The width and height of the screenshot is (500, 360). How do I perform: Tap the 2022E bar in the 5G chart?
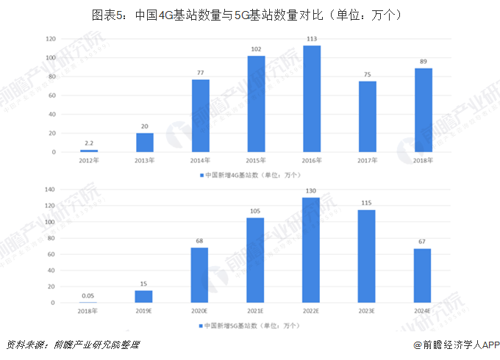click(311, 250)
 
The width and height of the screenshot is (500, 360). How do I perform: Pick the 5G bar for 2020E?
click(199, 275)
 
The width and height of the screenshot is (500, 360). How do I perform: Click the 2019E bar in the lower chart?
click(144, 296)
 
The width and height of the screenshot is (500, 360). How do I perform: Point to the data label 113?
click(312, 39)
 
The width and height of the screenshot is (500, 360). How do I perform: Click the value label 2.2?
click(89, 143)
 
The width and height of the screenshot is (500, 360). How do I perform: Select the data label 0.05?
click(88, 296)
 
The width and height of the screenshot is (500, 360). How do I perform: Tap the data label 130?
click(311, 191)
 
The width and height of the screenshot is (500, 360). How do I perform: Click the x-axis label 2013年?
click(145, 159)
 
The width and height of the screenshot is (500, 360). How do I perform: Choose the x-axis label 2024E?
click(423, 310)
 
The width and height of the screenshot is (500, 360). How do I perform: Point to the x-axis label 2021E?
click(255, 310)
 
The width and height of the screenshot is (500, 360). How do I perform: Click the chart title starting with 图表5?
click(249, 15)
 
